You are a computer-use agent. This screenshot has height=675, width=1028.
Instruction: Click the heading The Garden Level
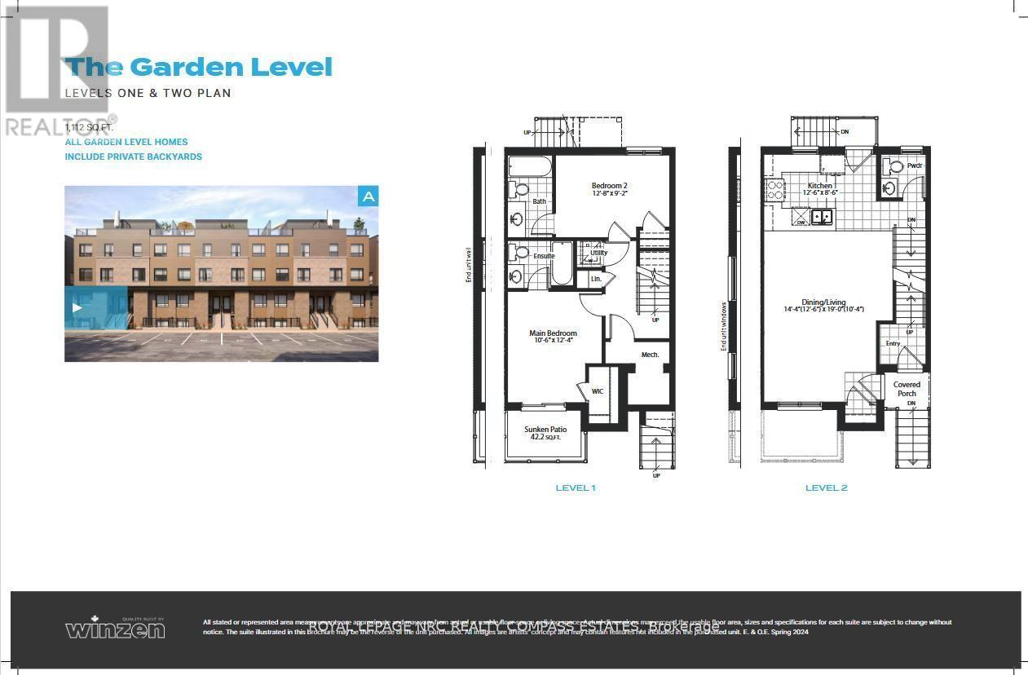coord(199,67)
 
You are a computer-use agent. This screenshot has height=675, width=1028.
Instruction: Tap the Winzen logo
coord(115,628)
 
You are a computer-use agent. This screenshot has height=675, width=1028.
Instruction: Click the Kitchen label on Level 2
coord(819,186)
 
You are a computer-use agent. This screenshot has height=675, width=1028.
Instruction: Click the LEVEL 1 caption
coord(576,487)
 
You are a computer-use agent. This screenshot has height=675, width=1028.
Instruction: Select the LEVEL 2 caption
coord(826,487)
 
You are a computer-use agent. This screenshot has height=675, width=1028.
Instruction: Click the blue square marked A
coord(368,196)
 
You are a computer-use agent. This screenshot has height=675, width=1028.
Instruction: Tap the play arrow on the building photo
coord(77,307)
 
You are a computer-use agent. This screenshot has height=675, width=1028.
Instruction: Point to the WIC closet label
coord(598,391)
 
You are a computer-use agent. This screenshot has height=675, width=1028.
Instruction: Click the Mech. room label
coord(650,355)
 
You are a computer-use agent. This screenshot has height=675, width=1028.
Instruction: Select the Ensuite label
coord(544,256)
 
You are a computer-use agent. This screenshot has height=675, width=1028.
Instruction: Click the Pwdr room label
coord(914,165)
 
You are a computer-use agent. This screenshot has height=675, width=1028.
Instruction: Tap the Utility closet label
coord(599,253)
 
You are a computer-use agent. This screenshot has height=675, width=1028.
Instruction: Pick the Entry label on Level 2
coord(893,343)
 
